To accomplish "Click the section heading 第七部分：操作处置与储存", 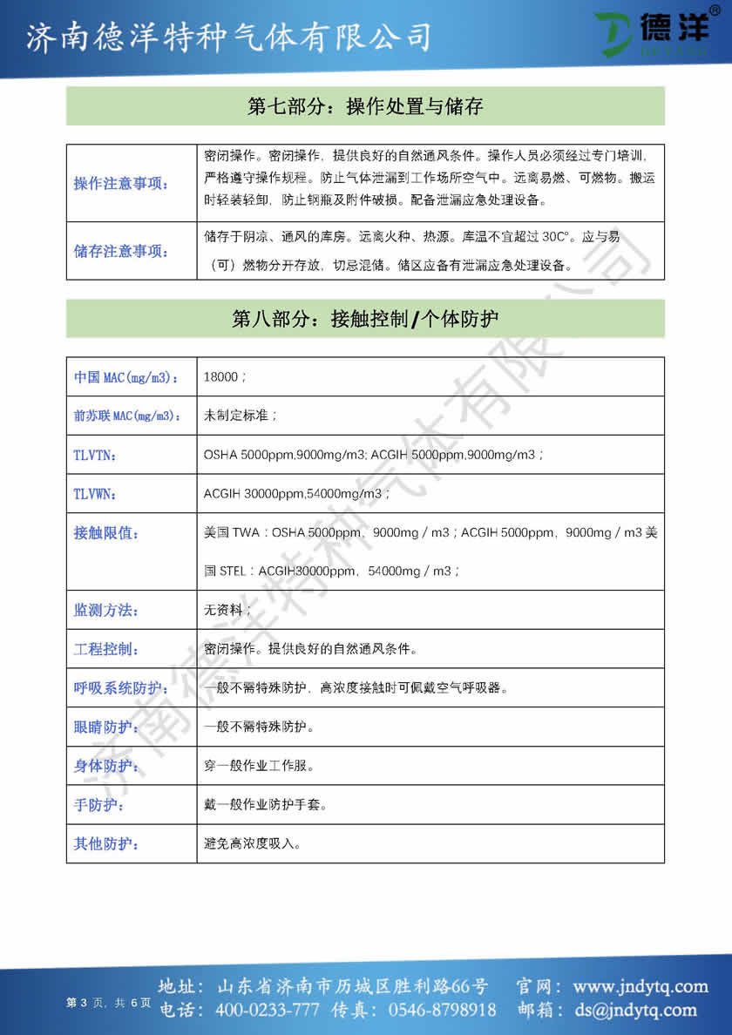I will click(365, 106).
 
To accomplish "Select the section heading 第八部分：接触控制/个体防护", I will click(365, 319).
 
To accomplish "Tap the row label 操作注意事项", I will click(121, 183).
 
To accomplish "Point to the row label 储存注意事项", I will click(121, 252).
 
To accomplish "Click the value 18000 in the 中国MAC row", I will click(224, 377).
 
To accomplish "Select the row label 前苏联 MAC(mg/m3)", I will click(127, 416).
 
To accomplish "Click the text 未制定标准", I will click(241, 416).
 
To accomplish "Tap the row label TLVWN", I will click(96, 493).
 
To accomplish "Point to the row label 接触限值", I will click(106, 532).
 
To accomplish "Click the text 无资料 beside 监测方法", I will click(227, 610).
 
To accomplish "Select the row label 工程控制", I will click(106, 649).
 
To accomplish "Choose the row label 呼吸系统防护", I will click(121, 687).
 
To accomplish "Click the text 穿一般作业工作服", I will click(259, 766).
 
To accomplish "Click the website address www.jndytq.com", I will click(640, 987).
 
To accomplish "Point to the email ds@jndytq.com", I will click(634, 1010).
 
